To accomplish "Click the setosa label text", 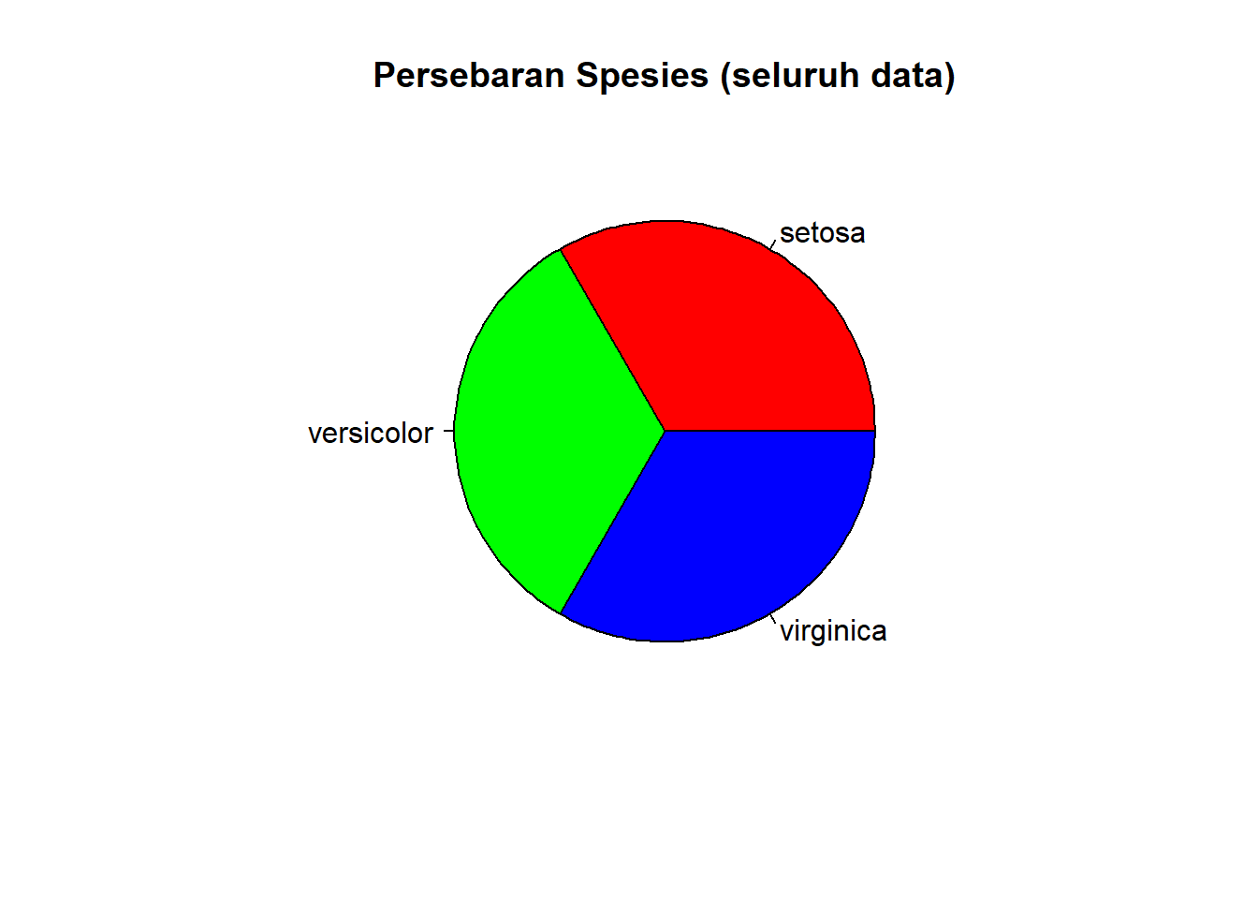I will tap(822, 233).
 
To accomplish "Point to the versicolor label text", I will tap(371, 434).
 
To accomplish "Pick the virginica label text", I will tap(833, 631).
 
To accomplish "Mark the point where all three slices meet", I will tap(665, 431).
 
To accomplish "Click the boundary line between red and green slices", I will tap(612, 340).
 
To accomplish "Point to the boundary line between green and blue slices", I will tap(612, 522).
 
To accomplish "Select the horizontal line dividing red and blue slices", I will tap(769, 431).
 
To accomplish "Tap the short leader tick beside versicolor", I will tap(448, 432).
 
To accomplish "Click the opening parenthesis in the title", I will tap(725, 77).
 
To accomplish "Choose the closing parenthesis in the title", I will tap(950, 77).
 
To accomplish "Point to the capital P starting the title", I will tap(384, 76).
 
